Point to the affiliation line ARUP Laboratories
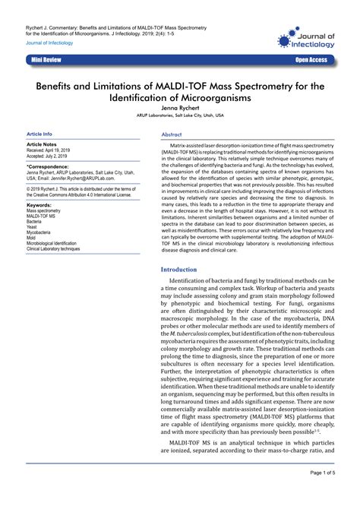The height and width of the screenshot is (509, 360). pos(180,116)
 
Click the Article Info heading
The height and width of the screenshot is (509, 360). pos(39,134)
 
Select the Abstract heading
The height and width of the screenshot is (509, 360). pos(172,134)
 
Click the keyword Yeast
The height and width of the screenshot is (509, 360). pos(33,227)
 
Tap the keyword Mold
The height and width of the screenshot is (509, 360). pos(33,238)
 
